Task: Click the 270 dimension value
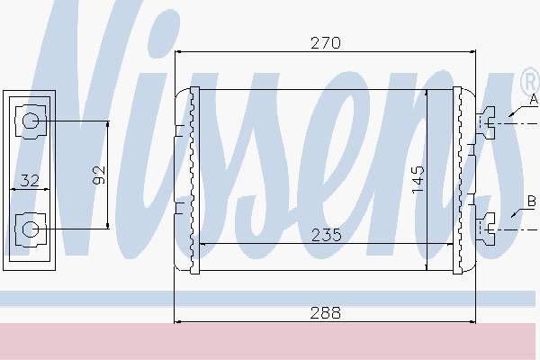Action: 326,43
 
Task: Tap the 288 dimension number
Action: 326,313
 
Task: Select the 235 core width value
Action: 326,235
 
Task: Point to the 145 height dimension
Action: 418,179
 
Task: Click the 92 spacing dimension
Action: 99,175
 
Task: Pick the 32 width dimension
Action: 30,181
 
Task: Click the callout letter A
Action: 534,99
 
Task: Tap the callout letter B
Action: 532,201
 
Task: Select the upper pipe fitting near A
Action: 486,122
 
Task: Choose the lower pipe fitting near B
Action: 486,229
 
